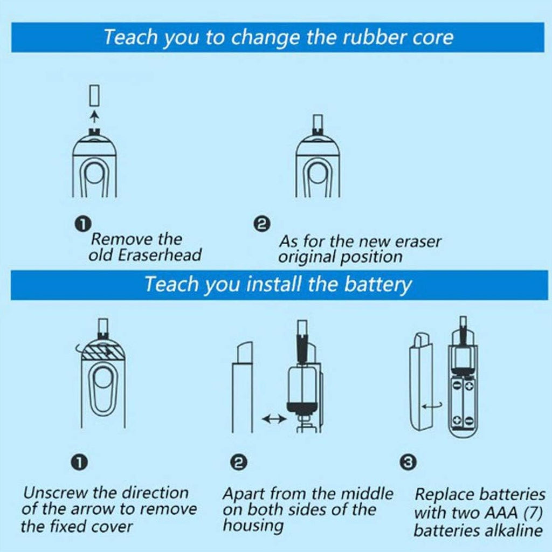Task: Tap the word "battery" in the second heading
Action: pos(377,285)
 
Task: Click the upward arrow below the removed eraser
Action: pos(94,116)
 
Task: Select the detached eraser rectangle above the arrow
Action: pos(94,95)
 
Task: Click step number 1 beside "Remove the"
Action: pos(83,224)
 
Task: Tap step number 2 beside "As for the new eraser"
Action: pos(262,224)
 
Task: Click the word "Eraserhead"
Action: pos(160,255)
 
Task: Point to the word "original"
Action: pos(305,257)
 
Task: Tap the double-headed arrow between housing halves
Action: pos(274,418)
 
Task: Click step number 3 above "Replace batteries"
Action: pos(408,462)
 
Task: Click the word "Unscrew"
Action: pos(55,493)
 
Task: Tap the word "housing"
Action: pos(253,526)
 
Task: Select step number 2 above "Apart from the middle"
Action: pos(239,462)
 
